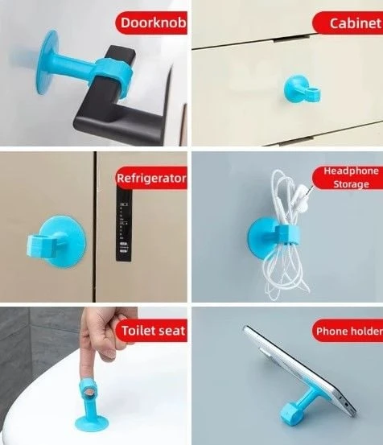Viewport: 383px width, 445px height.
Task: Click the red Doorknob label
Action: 151,23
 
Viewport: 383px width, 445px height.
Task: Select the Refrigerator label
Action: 151,178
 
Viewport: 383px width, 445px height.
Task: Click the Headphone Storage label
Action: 351,177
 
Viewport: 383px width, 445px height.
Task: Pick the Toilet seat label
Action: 153,330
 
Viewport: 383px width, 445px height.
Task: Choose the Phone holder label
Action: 347,330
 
